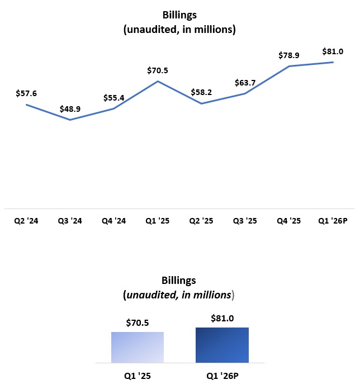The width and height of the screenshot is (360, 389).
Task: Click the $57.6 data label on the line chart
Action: click(26, 93)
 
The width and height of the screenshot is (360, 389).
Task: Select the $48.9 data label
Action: click(70, 110)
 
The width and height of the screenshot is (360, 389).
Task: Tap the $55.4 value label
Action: click(114, 98)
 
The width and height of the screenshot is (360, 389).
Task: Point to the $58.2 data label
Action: click(201, 92)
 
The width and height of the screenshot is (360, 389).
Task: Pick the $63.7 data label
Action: click(245, 83)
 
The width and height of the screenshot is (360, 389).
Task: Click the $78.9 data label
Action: click(289, 55)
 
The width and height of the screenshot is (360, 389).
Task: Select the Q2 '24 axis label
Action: click(26, 221)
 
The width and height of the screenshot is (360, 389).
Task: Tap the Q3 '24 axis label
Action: click(70, 221)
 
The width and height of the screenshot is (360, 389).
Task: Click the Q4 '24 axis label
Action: click(114, 221)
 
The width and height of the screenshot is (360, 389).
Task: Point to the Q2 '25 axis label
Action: click(201, 221)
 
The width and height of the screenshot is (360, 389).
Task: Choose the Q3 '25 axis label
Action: click(245, 221)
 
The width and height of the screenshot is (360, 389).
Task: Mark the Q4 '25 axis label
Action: click(289, 221)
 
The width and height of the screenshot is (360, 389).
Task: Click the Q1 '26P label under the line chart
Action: click(333, 221)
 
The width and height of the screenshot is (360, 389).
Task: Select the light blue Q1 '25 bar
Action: click(138, 347)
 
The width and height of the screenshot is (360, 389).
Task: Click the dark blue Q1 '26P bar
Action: click(222, 345)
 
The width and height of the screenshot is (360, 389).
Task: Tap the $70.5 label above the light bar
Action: click(138, 322)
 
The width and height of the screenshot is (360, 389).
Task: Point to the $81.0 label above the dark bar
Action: click(222, 318)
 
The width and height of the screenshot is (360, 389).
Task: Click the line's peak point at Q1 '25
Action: click(158, 81)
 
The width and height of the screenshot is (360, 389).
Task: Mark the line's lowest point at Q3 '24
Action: click(70, 120)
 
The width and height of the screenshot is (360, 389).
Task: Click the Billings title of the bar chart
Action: click(179, 280)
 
